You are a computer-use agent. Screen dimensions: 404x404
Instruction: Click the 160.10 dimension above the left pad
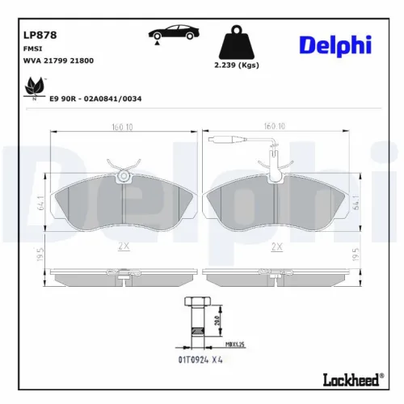coord(123,126)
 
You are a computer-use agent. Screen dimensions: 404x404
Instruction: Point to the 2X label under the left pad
coord(122,246)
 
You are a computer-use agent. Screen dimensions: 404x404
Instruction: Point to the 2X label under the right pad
coord(276,246)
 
